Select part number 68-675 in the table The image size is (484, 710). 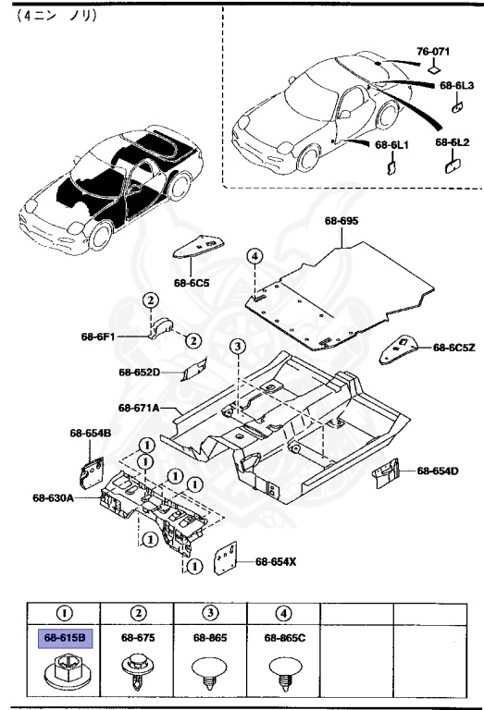pyautogui.click(x=136, y=637)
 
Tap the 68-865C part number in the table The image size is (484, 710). pyautogui.click(x=283, y=637)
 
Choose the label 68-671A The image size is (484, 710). pyautogui.click(x=139, y=408)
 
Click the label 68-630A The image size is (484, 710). pyautogui.click(x=53, y=498)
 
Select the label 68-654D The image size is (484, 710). pyautogui.click(x=438, y=471)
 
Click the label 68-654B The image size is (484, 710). pyautogui.click(x=90, y=433)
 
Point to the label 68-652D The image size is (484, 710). pyautogui.click(x=139, y=372)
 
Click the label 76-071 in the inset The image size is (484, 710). pyautogui.click(x=431, y=52)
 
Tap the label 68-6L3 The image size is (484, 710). pyautogui.click(x=456, y=85)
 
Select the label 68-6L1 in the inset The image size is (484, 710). pyautogui.click(x=391, y=145)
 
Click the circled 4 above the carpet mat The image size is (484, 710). pyautogui.click(x=254, y=256)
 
